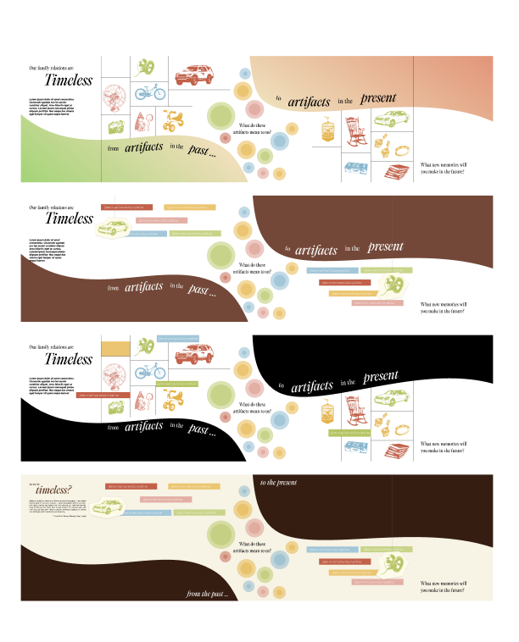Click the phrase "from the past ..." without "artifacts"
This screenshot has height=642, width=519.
tap(208, 594)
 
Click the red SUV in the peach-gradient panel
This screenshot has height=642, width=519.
tap(195, 75)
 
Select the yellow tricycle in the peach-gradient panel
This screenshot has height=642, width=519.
tap(175, 122)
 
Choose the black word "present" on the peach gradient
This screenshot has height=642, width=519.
tap(378, 98)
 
